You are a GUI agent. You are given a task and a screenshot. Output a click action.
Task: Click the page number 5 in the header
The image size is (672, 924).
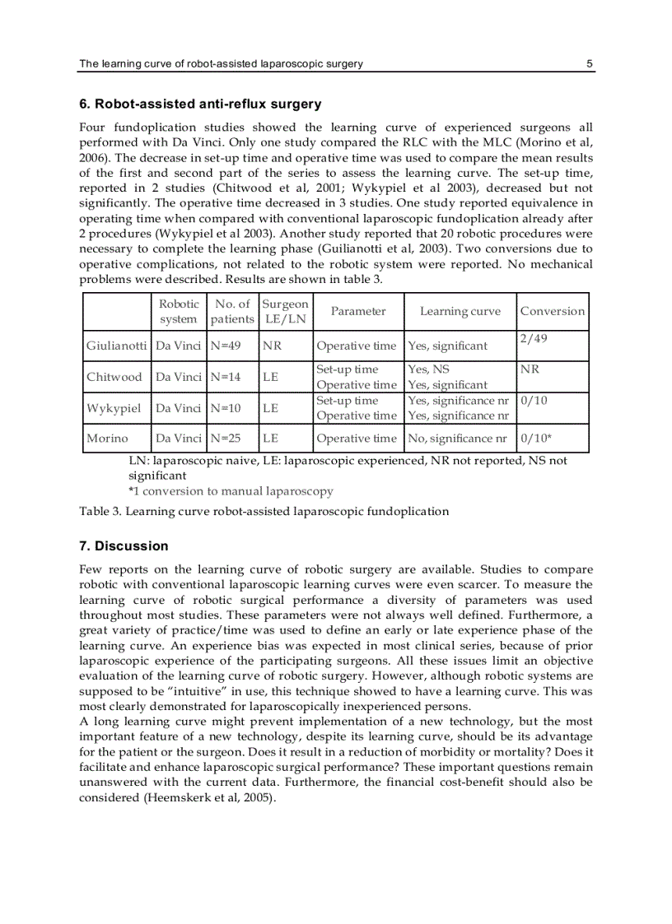590,63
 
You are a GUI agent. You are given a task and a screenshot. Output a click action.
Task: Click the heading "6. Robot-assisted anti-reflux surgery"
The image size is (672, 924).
200,104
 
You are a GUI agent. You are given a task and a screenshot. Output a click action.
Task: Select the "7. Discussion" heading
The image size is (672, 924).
124,546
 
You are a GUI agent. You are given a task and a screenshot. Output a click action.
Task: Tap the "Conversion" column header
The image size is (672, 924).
553,311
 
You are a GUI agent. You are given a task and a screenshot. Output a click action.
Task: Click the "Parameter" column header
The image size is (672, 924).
358,311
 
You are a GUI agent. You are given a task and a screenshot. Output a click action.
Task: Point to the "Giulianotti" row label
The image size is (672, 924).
116,346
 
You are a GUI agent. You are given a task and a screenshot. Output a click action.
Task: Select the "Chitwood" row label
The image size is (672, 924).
114,377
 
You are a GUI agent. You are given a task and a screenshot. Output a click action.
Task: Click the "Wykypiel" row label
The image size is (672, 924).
114,408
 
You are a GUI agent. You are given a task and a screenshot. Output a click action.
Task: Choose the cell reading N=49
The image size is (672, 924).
226,346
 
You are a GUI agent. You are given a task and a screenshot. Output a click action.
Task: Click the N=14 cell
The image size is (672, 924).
226,377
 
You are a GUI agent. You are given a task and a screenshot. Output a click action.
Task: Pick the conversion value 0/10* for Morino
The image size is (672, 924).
536,439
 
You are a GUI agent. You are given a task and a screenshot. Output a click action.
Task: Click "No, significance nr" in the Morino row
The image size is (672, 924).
458,439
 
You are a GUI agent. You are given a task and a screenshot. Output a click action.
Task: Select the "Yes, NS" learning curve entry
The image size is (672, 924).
429,369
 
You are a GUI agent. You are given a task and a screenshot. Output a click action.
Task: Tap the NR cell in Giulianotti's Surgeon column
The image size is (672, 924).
272,346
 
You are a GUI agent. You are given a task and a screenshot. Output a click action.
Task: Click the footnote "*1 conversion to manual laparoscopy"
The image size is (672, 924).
231,491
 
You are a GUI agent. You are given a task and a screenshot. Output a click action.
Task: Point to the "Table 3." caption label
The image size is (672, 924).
100,511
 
